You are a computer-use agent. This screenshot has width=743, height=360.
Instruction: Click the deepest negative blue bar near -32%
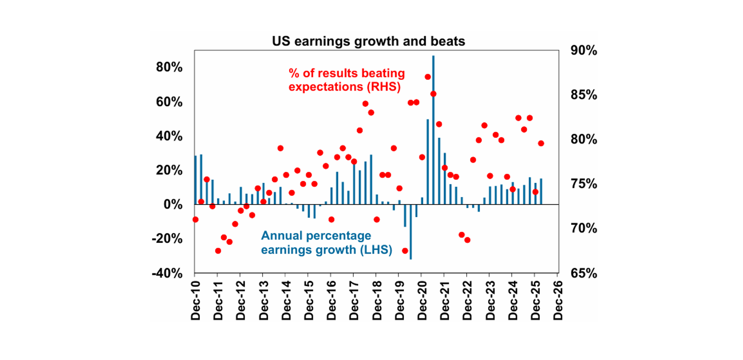(x=411, y=232)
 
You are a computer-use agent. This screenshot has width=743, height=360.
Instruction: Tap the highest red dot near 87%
(x=428, y=76)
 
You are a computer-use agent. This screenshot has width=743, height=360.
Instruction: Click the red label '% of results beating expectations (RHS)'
(x=346, y=80)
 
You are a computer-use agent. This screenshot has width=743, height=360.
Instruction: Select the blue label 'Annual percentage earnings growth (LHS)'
(x=326, y=243)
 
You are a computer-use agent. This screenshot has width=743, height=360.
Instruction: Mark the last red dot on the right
(x=541, y=143)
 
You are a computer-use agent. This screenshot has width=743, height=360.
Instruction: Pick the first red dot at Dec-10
(x=195, y=219)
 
